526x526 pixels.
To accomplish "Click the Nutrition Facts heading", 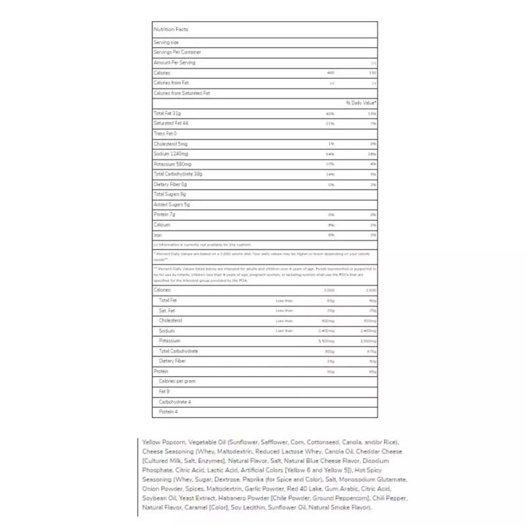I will coord(166,30).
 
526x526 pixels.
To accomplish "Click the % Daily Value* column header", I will coord(361,103).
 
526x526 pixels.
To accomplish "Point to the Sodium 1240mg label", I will coord(171,153).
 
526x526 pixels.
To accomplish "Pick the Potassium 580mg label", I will coord(172,164).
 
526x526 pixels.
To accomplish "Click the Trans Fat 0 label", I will coord(165,133).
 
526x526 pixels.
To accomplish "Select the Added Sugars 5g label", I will coord(172,204).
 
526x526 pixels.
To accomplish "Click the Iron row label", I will coord(157,235).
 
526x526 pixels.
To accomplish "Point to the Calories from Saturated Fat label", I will coord(181,93).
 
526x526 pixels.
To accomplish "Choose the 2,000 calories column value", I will coord(329,289).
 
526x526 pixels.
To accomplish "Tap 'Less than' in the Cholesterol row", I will coord(284,320).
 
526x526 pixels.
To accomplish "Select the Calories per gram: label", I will coord(178,381).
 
